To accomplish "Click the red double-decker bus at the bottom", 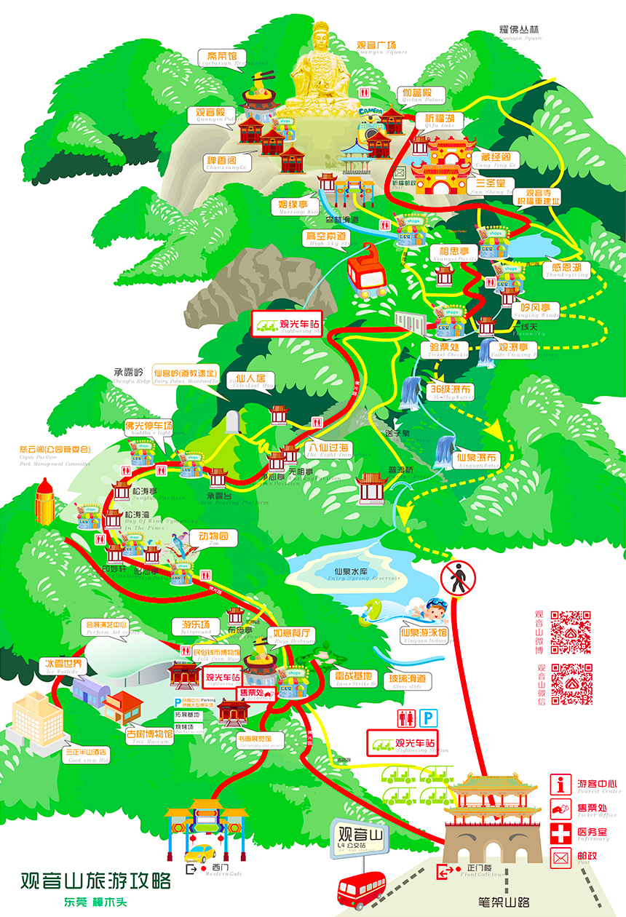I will click(361, 889).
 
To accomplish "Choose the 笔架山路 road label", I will click(503, 903).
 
